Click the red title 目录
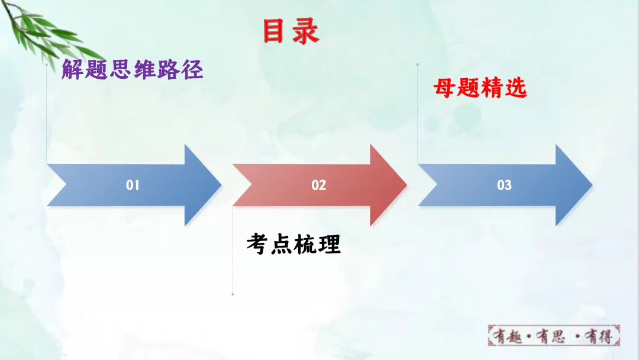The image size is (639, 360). pos(291,31)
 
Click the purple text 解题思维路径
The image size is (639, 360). pos(133,70)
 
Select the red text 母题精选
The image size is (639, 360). pos(480,89)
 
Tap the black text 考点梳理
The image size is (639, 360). pos(293,243)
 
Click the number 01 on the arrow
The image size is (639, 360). pos(133,185)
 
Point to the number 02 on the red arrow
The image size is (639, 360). pos(319,185)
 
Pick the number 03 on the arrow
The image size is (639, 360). pos(504,185)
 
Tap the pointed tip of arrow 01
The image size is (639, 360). pos(220,185)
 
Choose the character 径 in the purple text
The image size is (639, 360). pos(192,70)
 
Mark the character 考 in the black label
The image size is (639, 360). pos(258,243)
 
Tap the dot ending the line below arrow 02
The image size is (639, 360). pos(233,294)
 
